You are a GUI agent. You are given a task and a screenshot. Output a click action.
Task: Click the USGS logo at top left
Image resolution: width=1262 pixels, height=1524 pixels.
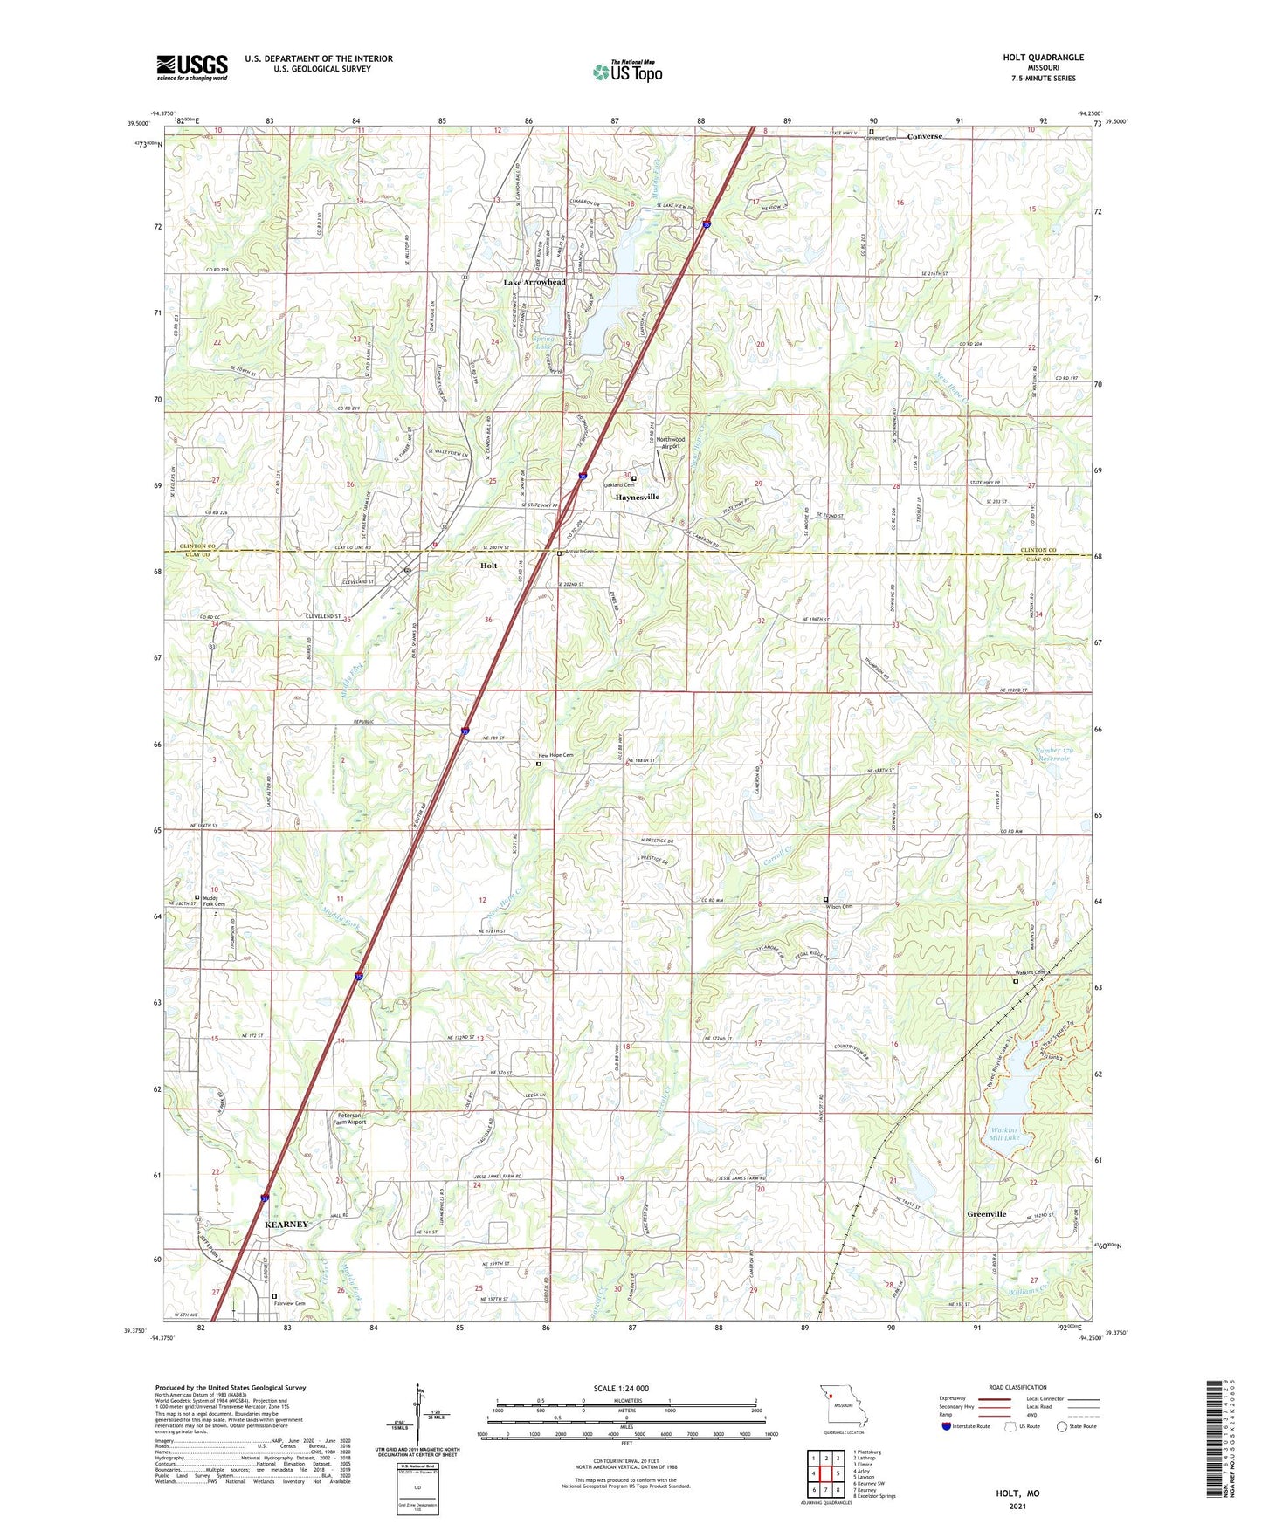point(191,67)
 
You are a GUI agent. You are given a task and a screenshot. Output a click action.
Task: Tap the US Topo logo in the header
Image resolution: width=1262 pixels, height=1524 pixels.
point(627,72)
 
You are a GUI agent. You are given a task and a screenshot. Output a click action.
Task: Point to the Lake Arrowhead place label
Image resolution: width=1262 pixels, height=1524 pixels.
point(534,283)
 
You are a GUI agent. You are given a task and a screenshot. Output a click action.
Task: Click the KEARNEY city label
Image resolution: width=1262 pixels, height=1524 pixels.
point(286,1225)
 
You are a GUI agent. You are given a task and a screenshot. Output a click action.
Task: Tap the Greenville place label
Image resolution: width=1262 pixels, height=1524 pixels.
point(986,1214)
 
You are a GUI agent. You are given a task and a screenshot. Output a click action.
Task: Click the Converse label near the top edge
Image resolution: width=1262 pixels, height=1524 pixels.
point(924,137)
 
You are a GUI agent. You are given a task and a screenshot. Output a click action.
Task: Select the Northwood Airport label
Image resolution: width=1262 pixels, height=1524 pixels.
point(671,443)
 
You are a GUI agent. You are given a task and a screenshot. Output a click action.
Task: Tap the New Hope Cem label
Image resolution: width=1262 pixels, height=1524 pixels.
point(555,755)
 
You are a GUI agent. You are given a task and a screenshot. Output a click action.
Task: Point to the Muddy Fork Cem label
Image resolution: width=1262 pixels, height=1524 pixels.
point(213,901)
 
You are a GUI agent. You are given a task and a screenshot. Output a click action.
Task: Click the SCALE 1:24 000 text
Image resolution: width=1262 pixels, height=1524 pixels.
point(620,1389)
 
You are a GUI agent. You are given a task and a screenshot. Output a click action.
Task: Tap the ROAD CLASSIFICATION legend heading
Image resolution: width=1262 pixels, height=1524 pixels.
point(1017,1387)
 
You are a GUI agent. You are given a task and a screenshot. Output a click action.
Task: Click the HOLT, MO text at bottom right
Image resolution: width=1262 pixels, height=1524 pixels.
point(1017,1493)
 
